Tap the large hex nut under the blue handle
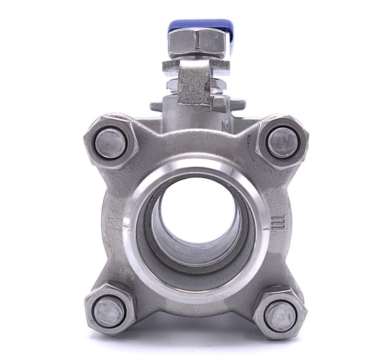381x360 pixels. pos(197,44)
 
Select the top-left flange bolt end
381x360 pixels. pos(110,143)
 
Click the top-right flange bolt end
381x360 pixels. pos(283,143)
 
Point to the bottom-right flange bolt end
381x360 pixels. pos(280,316)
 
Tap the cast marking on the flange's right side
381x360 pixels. pos(279,223)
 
